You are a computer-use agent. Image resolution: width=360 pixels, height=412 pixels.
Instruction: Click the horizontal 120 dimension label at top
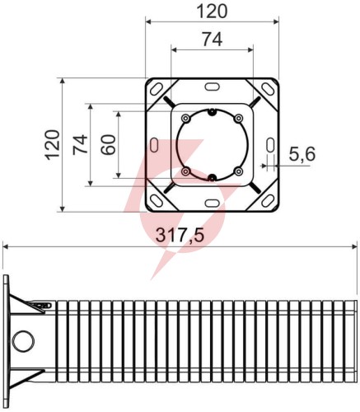pyautogui.click(x=212, y=12)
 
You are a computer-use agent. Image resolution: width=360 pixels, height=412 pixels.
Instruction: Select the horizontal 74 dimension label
pyautogui.click(x=213, y=40)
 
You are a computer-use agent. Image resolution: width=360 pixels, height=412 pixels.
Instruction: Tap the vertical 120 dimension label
pyautogui.click(x=53, y=145)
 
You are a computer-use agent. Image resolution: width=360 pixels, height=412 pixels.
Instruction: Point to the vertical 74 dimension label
pyautogui.click(x=80, y=144)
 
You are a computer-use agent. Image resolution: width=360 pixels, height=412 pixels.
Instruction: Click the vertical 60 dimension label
pyautogui.click(x=108, y=145)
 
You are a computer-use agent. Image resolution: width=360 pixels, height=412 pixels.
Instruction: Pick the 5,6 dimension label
pyautogui.click(x=302, y=154)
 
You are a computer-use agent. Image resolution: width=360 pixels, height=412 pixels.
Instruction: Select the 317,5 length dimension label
pyautogui.click(x=180, y=236)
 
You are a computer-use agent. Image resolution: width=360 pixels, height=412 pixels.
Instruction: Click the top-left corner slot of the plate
pyautogui.click(x=156, y=89)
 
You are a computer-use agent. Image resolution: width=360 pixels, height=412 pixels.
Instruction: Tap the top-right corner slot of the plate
pyautogui.click(x=268, y=89)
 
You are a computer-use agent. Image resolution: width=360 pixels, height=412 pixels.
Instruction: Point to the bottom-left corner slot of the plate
pyautogui.click(x=156, y=201)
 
